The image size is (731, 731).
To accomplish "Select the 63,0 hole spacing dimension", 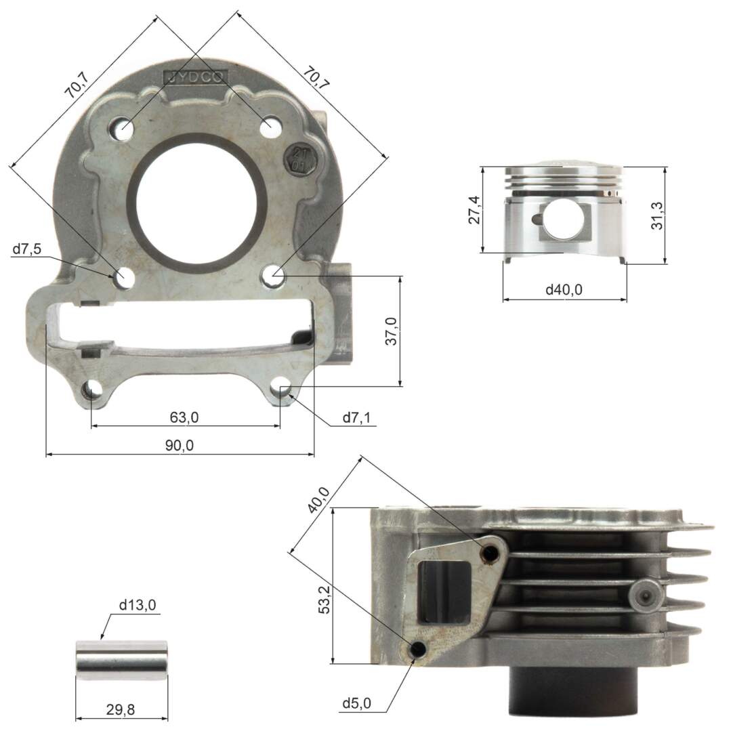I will pos(184,417).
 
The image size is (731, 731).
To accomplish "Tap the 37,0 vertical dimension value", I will pos(391,331).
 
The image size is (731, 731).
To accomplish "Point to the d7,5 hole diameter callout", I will pos(26,250).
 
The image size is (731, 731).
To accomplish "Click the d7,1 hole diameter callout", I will pos(356,418).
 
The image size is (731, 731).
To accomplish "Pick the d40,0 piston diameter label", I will pos(564,290).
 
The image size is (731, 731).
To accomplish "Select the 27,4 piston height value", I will pos(474,210).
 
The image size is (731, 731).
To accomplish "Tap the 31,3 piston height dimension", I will pos(656,215).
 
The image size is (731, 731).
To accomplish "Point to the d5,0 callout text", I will pos(356,704).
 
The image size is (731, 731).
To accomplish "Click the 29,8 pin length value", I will pos(121,710).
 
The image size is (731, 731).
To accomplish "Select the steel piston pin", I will pos(121,661).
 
